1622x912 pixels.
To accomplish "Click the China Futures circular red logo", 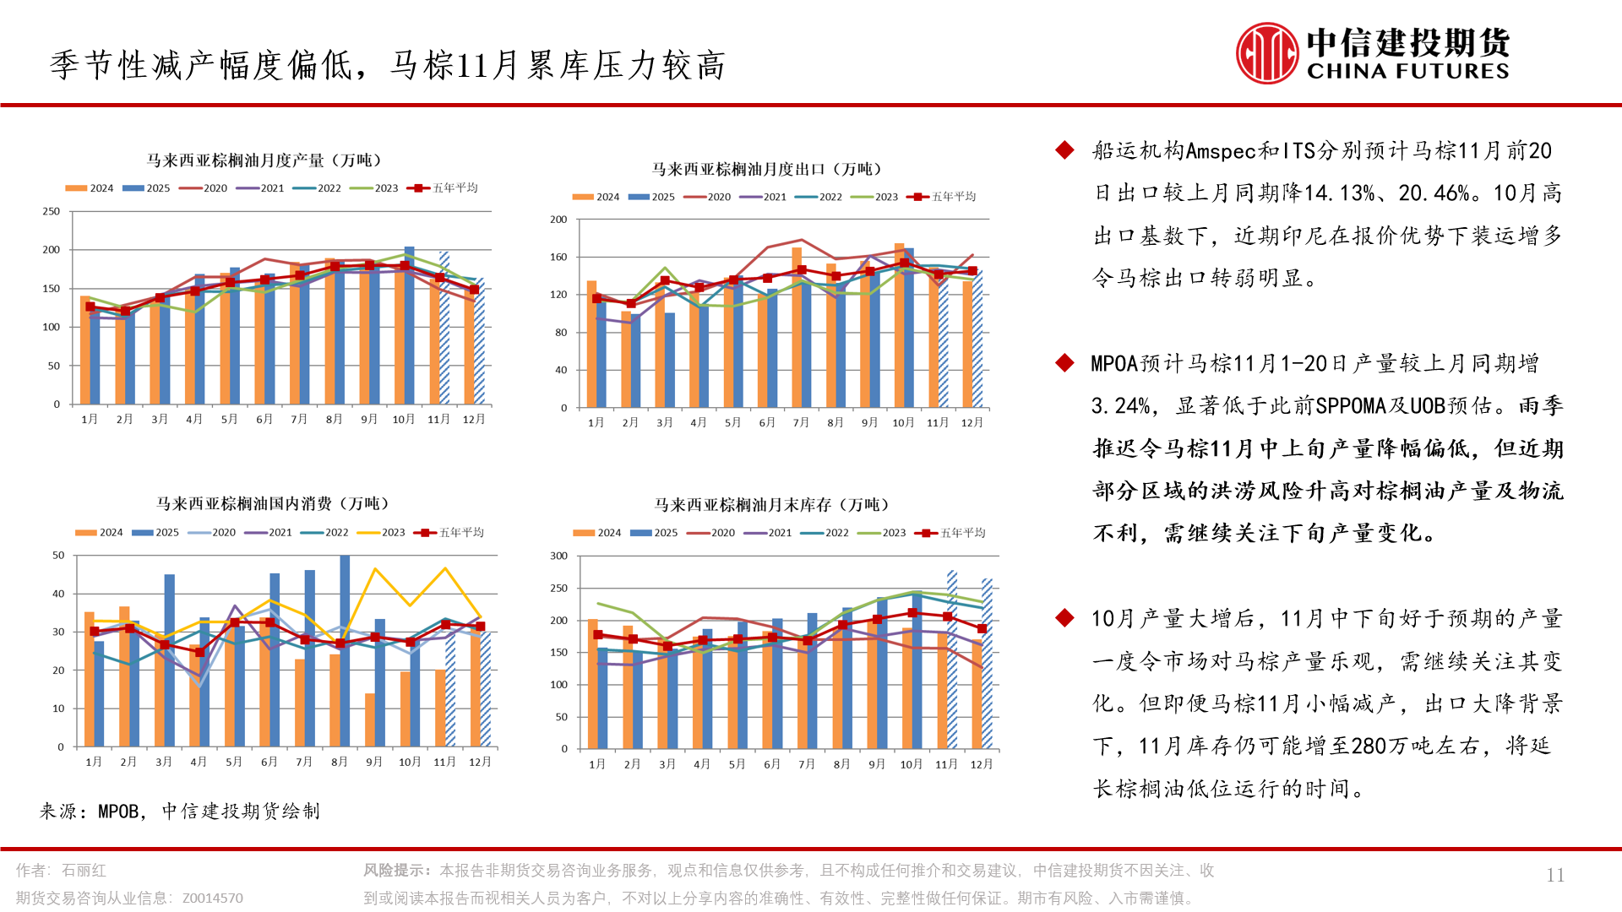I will point(1266,53).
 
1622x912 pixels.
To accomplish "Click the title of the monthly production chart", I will point(264,160).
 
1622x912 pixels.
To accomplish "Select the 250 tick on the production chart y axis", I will point(52,211).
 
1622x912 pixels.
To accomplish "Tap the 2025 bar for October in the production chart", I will point(410,325).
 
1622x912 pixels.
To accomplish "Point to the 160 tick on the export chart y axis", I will point(558,257).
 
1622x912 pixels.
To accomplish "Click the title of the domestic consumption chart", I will point(273,504).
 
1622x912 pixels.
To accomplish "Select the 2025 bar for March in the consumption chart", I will point(170,660).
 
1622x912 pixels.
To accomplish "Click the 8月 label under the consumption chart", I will point(340,762).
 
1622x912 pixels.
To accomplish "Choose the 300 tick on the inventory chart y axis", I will point(558,556).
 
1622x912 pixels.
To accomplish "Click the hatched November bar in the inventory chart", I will point(952,659).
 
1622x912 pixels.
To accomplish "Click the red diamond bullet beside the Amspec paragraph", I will point(1064,150).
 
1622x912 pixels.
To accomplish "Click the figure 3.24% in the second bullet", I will point(1120,406).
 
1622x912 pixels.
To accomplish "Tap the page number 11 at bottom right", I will point(1555,876).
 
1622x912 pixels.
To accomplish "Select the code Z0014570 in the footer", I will point(213,898).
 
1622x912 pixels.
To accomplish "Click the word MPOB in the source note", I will point(117,812).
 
